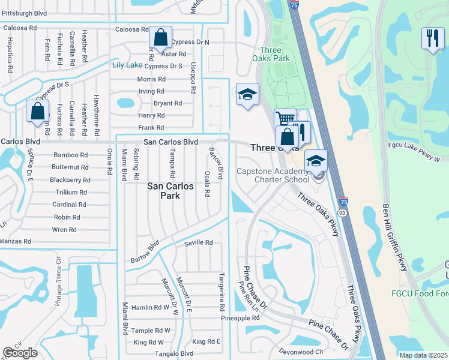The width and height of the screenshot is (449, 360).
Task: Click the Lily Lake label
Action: pyautogui.click(x=126, y=65)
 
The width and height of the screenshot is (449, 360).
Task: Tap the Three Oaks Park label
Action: pyautogui.click(x=275, y=54)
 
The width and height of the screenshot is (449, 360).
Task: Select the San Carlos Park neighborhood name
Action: pyautogui.click(x=171, y=191)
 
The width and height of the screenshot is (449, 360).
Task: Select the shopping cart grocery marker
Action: pyautogui.click(x=285, y=119)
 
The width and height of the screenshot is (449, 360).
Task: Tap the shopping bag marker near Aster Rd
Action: pyautogui.click(x=160, y=38)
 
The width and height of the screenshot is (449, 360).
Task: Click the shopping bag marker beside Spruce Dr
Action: pyautogui.click(x=37, y=111)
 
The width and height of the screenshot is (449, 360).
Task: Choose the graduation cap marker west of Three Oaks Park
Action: pyautogui.click(x=247, y=95)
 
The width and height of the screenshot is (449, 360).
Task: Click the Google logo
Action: pyautogui.click(x=20, y=353)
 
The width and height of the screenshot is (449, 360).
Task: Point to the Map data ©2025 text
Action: pyautogui.click(x=423, y=355)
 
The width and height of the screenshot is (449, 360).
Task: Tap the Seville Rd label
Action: pyautogui.click(x=199, y=242)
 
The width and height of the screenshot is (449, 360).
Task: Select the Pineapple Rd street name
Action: pyautogui.click(x=240, y=317)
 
